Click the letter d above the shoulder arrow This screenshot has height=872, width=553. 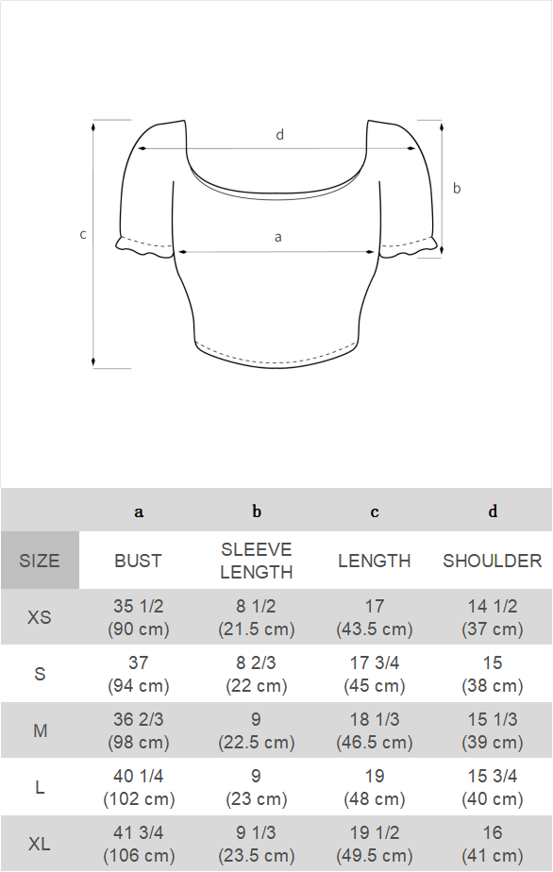tap(280, 135)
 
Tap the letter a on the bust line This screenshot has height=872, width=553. tap(278, 238)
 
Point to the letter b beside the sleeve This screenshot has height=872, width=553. tap(456, 188)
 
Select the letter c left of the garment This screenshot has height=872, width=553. tap(83, 235)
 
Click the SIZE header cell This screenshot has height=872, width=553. tap(40, 560)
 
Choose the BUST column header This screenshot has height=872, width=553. tap(138, 561)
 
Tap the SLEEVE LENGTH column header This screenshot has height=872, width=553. tap(257, 561)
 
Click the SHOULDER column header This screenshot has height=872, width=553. tap(493, 561)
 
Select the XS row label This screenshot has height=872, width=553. tap(39, 617)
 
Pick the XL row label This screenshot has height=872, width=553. tap(39, 845)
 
